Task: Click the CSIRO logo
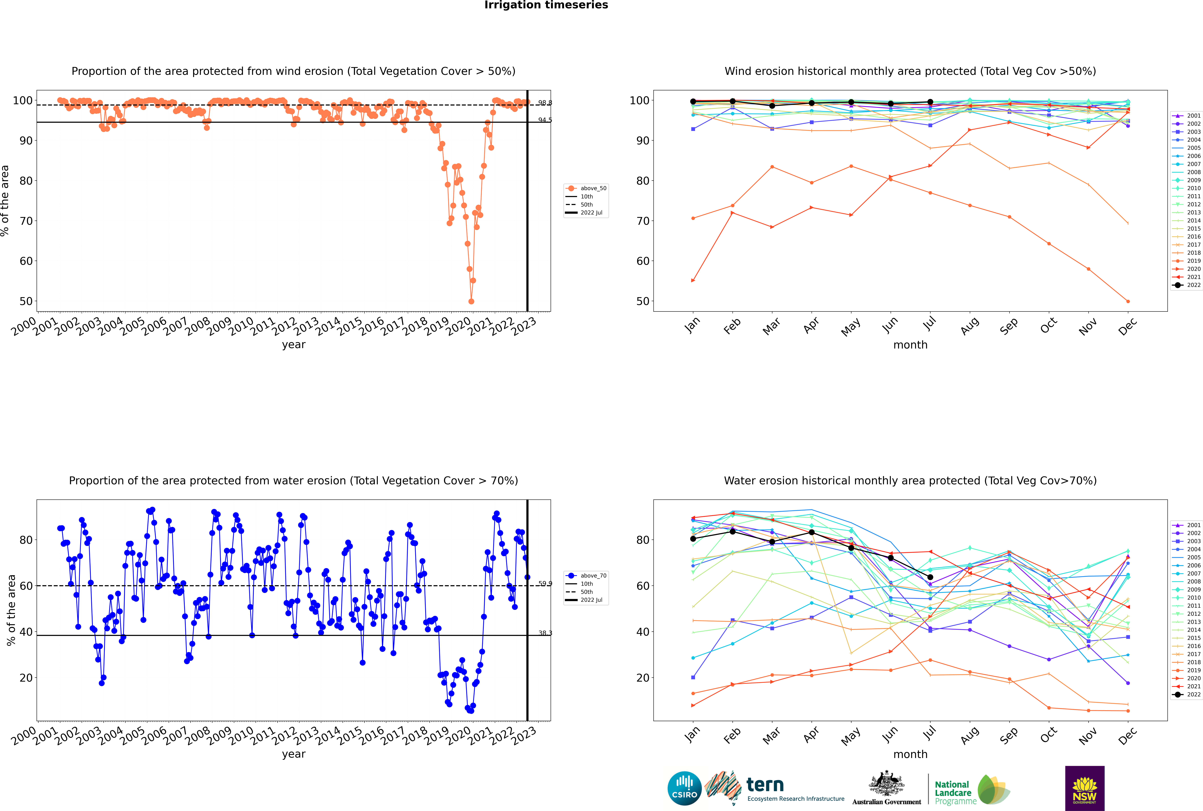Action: pos(684,788)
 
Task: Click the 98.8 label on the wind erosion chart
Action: pos(545,103)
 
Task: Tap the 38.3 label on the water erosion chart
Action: pos(545,633)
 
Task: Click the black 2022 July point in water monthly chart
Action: pos(930,577)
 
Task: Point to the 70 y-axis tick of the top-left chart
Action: pos(26,221)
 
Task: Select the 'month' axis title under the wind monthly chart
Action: pos(910,345)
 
